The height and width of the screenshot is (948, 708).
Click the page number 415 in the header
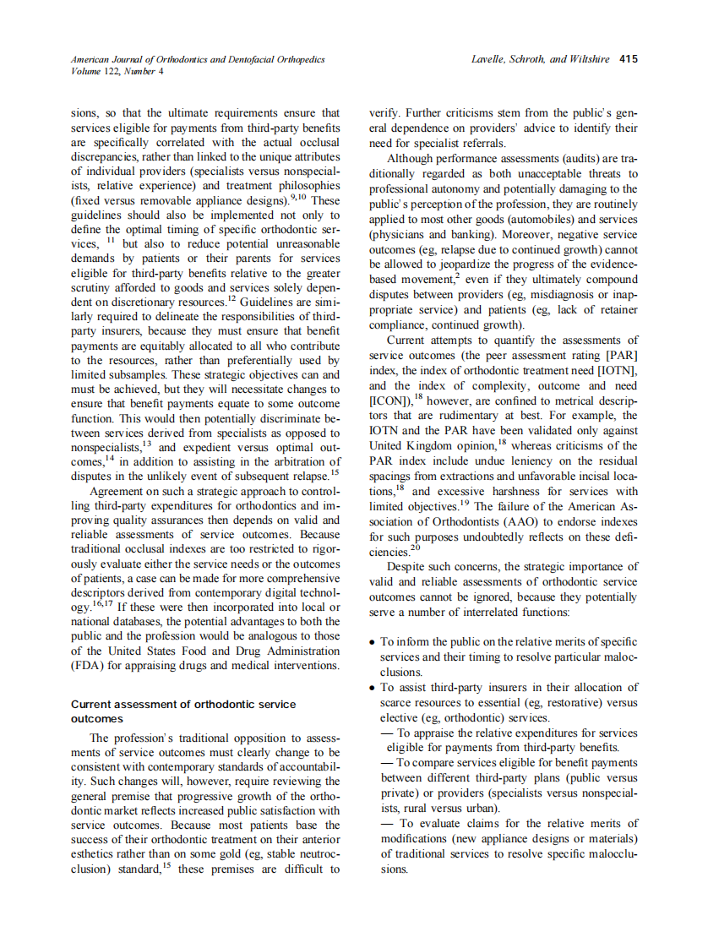[628, 60]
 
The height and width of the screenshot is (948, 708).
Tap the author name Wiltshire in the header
[589, 60]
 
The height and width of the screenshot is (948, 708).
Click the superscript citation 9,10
[301, 199]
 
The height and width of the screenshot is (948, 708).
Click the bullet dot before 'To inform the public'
[373, 643]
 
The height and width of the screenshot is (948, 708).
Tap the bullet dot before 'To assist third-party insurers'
[373, 688]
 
